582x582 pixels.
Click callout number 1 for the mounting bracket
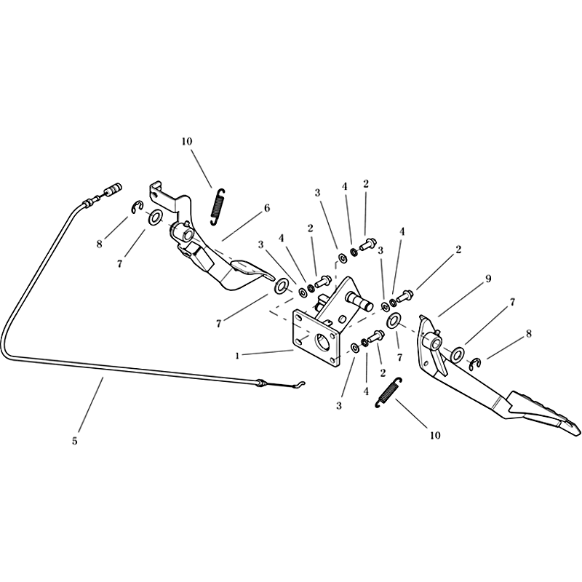pos(237,356)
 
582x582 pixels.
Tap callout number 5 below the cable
pos(75,441)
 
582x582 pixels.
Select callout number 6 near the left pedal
pos(267,208)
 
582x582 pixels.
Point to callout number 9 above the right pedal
pos(488,279)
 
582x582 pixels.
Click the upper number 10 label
pos(187,141)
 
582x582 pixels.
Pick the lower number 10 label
pos(435,435)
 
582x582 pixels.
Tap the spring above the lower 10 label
pos(388,393)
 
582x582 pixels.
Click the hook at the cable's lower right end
pos(300,384)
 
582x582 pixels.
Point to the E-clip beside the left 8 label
pos(137,207)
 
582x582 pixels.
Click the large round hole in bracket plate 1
pos(322,341)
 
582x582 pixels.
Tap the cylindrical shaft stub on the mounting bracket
pos(359,300)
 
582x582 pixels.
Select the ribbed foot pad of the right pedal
pos(544,412)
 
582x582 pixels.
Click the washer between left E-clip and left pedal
pos(155,217)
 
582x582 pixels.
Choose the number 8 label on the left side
pos(99,244)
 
